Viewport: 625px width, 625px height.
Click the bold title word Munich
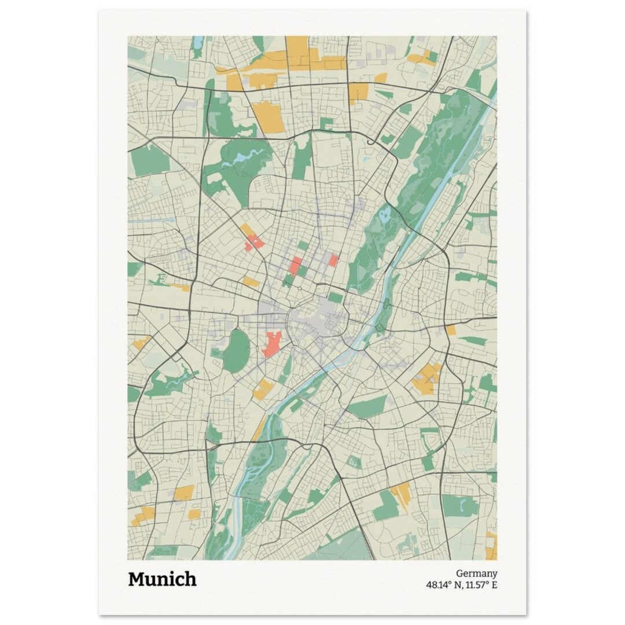(162, 579)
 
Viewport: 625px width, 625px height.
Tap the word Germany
(476, 573)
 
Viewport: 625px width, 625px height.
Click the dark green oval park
(236, 351)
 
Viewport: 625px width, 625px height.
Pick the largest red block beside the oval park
(271, 345)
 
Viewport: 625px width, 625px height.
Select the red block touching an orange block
(254, 242)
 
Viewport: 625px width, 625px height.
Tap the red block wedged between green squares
(296, 266)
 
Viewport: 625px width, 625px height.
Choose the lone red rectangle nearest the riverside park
(333, 260)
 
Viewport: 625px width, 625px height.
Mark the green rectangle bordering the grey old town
(335, 297)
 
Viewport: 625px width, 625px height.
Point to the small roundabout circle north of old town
(303, 289)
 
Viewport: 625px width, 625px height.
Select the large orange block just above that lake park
(269, 117)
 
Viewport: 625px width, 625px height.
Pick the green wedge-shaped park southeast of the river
(368, 407)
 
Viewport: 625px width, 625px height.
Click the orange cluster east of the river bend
(427, 379)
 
